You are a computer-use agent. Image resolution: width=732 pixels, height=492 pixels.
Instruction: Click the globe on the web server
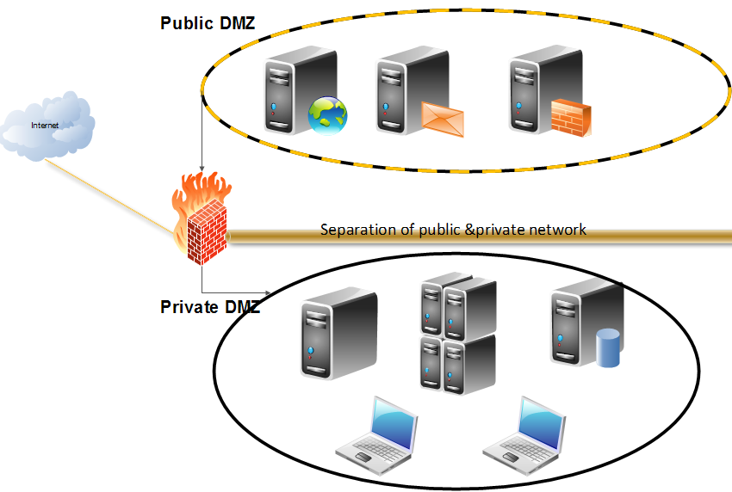coord(328,115)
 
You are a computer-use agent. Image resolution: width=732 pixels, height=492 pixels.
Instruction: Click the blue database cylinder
coord(609,347)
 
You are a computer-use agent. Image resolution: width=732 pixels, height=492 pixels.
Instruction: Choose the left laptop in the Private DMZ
coord(376,432)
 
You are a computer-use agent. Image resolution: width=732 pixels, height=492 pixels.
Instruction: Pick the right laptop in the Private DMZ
coord(524,432)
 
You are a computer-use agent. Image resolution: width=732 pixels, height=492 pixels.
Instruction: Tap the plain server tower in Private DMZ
coord(338,334)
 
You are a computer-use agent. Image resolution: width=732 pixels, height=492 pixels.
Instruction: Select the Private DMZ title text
coord(209,307)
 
